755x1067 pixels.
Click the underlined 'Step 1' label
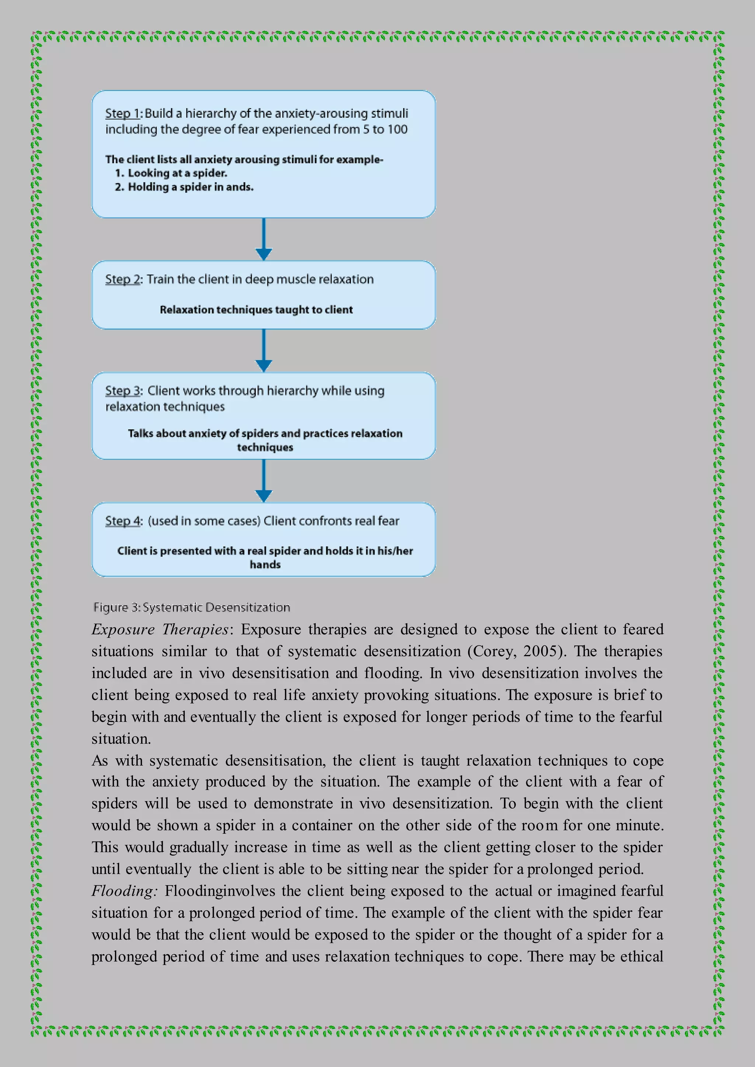point(122,113)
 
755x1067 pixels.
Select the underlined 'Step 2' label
point(123,279)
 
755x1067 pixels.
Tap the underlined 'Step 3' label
point(123,391)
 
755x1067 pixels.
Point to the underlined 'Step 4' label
point(123,521)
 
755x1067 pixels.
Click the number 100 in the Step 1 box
point(397,129)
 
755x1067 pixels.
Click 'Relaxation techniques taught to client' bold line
point(256,310)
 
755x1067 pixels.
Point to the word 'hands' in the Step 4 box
point(265,565)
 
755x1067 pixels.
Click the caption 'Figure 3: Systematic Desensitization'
point(192,608)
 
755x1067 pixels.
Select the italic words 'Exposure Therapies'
point(160,630)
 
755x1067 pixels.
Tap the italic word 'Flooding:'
point(124,891)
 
